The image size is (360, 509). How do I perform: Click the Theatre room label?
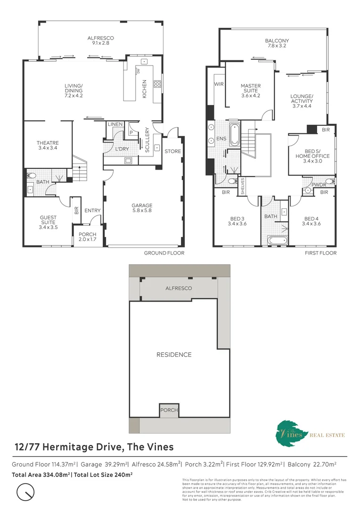tap(48, 146)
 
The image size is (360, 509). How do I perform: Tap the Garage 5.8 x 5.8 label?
tap(142, 208)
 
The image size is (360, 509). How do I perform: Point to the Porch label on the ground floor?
tap(87, 237)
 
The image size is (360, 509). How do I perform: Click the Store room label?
tap(172, 151)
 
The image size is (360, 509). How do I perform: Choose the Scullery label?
tap(147, 140)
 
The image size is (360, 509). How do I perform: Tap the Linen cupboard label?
tap(115, 124)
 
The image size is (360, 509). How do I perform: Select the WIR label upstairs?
tap(219, 84)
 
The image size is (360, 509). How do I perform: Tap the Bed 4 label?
tap(311, 221)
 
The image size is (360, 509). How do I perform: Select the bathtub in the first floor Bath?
tap(277, 241)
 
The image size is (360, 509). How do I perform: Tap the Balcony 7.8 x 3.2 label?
tap(277, 44)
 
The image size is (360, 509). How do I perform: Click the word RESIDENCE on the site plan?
tap(174, 354)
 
